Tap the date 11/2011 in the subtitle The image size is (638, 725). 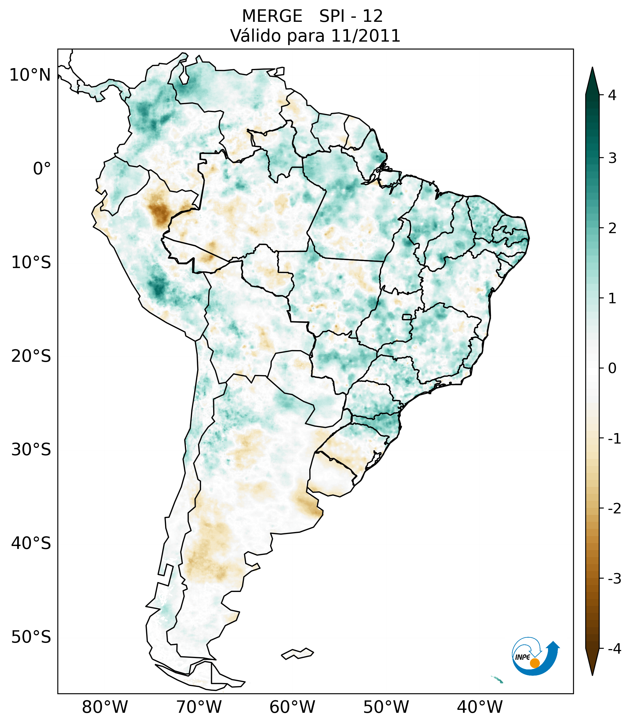[365, 36]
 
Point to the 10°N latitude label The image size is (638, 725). [30, 75]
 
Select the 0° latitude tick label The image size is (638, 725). [42, 169]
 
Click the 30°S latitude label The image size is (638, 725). [31, 450]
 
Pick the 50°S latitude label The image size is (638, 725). [31, 637]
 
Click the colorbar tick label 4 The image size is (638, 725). [612, 95]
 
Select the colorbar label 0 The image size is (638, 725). [612, 368]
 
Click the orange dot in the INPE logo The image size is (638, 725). [535, 663]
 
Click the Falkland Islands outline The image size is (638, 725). [297, 653]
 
